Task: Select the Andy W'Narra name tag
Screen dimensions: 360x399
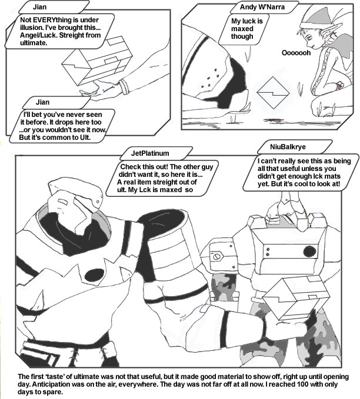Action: click(x=262, y=7)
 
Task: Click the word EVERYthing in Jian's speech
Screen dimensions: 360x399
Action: click(x=55, y=20)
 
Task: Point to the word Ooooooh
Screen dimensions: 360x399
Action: click(x=296, y=53)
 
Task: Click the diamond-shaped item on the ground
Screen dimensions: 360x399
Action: click(x=273, y=93)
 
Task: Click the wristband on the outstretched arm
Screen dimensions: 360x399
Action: click(x=124, y=86)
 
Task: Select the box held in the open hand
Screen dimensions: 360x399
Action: click(x=97, y=61)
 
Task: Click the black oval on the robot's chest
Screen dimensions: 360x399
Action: click(x=94, y=275)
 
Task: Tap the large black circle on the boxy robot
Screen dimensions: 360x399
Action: click(x=310, y=252)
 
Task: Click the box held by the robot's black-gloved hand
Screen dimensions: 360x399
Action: click(x=296, y=298)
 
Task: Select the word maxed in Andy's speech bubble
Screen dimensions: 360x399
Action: click(x=242, y=28)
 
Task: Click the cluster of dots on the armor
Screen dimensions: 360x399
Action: click(x=209, y=78)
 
